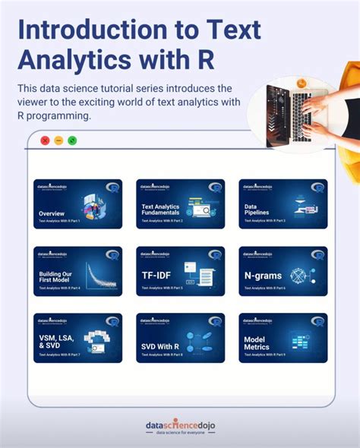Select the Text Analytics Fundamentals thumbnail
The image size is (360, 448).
point(180,203)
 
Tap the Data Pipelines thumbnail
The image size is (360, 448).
point(283,203)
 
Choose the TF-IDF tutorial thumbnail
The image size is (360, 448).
point(180,270)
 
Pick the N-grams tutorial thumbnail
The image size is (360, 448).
point(283,270)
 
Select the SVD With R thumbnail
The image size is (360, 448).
point(180,337)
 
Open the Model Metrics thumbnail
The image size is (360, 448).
point(283,337)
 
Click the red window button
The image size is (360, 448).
point(45,140)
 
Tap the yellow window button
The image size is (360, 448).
point(58,140)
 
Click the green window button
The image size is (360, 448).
point(72,140)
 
